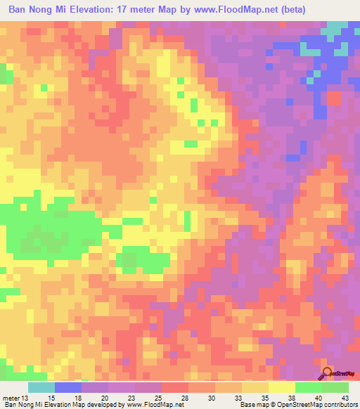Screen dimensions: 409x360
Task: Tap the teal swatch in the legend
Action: point(41,387)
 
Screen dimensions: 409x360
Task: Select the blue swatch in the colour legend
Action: point(68,387)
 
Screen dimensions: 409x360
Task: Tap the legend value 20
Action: point(105,397)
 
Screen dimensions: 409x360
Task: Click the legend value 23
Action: point(132,397)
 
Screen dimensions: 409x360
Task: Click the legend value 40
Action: point(319,397)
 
